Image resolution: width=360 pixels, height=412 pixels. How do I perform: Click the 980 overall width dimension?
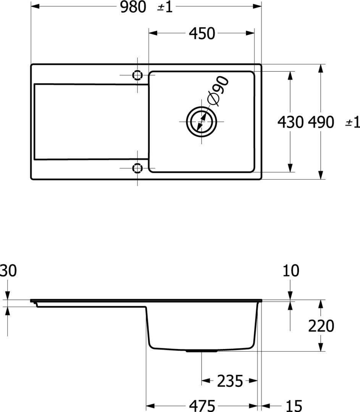[133, 7]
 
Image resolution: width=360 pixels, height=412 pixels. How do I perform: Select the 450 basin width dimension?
[202, 33]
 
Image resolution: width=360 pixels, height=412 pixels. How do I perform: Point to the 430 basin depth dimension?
[291, 122]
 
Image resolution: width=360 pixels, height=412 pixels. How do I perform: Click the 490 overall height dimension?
[321, 122]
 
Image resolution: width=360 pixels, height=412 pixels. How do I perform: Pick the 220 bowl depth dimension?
[321, 326]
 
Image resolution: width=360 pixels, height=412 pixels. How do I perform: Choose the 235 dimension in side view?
[230, 381]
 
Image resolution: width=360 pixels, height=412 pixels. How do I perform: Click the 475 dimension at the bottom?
[202, 406]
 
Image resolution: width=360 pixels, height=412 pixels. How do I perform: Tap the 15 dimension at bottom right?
[294, 406]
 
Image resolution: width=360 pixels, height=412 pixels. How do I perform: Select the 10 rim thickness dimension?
[291, 271]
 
